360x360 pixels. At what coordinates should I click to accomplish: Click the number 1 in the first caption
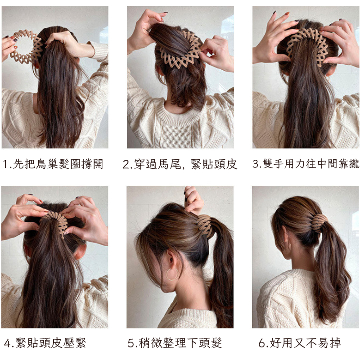(5, 165)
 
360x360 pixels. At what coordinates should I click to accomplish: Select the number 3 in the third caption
(256, 164)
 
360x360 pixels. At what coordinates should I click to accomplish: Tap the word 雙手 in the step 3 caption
(273, 164)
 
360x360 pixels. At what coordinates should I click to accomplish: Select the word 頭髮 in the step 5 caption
(210, 343)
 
